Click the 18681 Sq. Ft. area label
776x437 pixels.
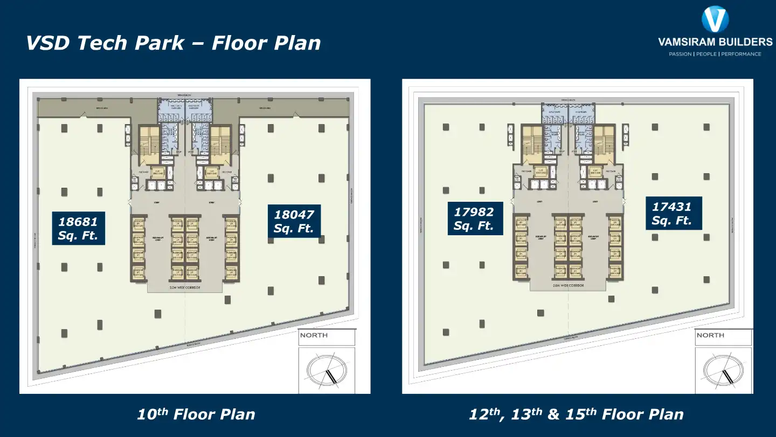[79, 228]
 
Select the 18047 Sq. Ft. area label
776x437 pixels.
[294, 221]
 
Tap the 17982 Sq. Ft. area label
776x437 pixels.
[474, 218]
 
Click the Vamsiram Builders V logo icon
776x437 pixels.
[715, 19]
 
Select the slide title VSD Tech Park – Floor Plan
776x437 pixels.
[174, 43]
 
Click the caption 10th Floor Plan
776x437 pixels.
[196, 414]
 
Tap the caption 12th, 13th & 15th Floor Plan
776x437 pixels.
[576, 414]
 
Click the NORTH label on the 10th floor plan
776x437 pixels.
[314, 335]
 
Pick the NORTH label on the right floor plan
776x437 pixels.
[710, 335]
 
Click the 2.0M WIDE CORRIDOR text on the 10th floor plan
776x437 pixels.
[185, 288]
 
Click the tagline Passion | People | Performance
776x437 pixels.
[715, 54]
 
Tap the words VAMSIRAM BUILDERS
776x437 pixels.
[715, 42]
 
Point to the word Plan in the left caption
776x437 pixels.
[237, 414]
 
